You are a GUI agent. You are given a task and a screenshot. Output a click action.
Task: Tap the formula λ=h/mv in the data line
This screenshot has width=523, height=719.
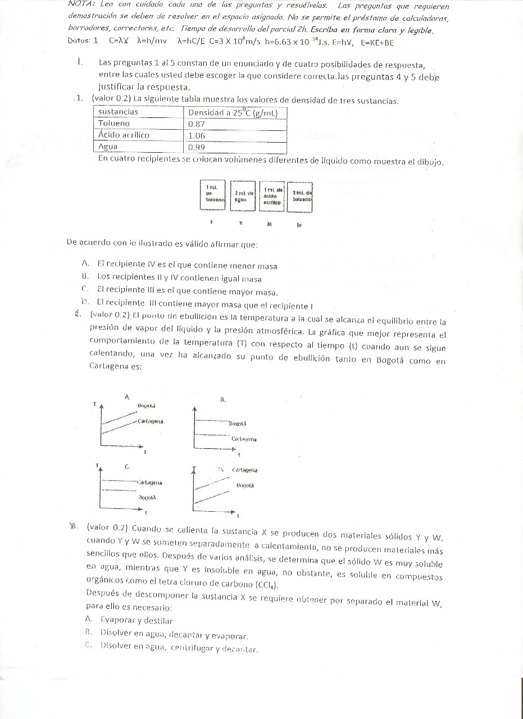[148, 41]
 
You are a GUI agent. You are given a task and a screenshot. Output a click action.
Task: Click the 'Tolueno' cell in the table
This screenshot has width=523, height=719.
[114, 124]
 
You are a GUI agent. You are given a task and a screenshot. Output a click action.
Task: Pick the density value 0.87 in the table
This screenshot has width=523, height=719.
[196, 124]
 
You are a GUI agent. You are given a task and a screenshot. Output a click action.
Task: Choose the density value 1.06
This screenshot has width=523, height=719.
[196, 135]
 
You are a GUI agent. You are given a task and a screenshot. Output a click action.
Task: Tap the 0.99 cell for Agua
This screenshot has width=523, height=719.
[196, 147]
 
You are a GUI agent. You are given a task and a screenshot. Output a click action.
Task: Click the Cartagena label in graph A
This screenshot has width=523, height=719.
[150, 421]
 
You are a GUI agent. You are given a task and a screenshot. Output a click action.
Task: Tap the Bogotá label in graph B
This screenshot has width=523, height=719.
[238, 424]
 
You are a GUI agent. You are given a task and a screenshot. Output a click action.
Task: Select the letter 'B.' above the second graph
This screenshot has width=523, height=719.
[222, 400]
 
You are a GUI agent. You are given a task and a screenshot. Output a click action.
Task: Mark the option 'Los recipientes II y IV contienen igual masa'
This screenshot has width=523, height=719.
[179, 278]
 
